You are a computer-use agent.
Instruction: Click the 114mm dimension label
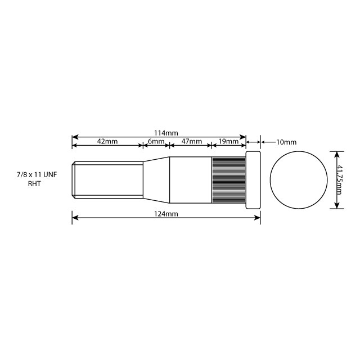coord(166,133)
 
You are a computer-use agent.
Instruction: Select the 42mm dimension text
coord(107,142)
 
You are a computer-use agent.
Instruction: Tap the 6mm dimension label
coord(156,142)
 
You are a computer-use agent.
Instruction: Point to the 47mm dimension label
coord(191,142)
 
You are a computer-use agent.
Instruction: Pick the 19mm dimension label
coord(228,142)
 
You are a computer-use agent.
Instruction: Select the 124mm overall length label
coord(166,214)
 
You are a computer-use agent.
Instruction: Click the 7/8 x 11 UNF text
coord(37,175)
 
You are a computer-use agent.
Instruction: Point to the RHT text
coord(35,184)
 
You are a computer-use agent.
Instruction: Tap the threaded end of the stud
coord(107,179)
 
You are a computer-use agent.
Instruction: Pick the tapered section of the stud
coord(156,179)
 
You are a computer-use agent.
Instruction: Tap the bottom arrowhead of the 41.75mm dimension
coord(337,206)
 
